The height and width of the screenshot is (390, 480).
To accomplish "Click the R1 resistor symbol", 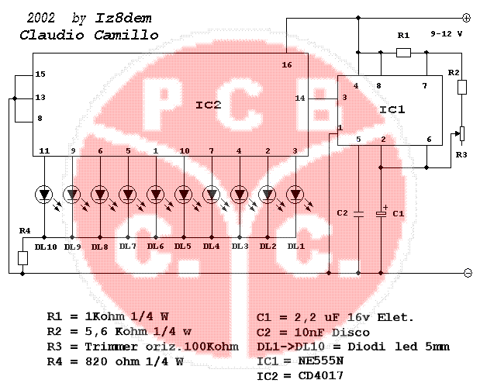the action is [x=403, y=53].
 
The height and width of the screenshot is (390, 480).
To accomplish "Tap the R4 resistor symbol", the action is [x=23, y=258].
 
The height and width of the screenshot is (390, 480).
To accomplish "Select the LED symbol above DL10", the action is [x=44, y=195].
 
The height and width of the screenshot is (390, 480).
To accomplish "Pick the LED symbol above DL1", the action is [x=295, y=195].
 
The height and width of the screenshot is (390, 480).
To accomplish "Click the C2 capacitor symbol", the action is [x=358, y=214].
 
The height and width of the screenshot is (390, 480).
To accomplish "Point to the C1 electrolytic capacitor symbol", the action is [x=381, y=212].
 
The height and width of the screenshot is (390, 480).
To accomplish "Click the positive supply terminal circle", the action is [x=466, y=18].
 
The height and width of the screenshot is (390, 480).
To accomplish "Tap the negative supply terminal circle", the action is [x=468, y=273].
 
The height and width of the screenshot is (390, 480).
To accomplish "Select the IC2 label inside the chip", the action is [x=208, y=105].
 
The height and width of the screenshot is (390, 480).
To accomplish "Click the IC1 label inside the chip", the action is [x=392, y=109].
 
